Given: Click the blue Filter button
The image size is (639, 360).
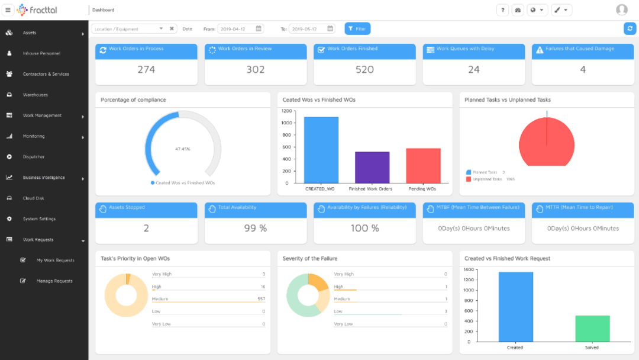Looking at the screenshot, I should (357, 28).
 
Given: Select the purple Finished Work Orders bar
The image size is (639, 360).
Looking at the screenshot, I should (372, 168).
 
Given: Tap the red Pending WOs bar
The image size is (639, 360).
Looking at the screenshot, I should (423, 166).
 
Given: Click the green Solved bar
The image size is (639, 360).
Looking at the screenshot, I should (592, 329).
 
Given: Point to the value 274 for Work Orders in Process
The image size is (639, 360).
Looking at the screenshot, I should (146, 70).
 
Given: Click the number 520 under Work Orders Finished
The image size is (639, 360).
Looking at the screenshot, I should (364, 70).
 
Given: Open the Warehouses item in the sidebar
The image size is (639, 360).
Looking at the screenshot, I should (35, 95).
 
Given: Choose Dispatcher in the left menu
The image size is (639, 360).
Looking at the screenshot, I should (34, 157).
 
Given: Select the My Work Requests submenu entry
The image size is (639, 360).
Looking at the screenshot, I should (56, 261).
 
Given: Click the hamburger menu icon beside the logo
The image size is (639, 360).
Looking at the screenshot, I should (8, 10).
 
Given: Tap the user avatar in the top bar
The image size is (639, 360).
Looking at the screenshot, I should (621, 10).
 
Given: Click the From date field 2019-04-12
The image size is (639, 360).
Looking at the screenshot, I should (240, 28).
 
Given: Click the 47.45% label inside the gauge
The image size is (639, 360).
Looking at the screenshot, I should (183, 149).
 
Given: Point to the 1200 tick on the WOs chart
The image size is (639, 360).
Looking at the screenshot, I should (286, 111).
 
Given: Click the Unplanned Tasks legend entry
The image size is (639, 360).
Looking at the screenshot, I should (486, 179).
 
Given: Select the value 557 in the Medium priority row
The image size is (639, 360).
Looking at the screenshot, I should (261, 299).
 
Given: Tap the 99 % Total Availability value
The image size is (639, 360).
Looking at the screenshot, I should (256, 229).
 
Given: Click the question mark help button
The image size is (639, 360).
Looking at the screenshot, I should (502, 10).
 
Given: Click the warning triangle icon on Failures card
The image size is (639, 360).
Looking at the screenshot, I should (540, 50).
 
